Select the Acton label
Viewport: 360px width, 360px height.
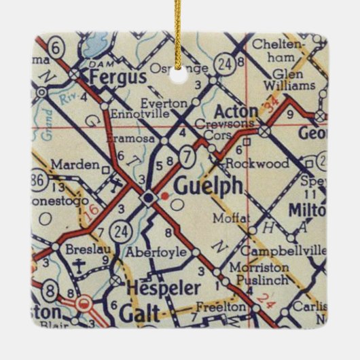point(236,111)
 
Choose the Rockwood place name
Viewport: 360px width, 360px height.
point(257,163)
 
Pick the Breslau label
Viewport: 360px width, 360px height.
point(84,249)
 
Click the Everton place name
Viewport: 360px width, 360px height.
point(165,103)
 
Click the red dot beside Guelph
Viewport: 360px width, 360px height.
point(164,196)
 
